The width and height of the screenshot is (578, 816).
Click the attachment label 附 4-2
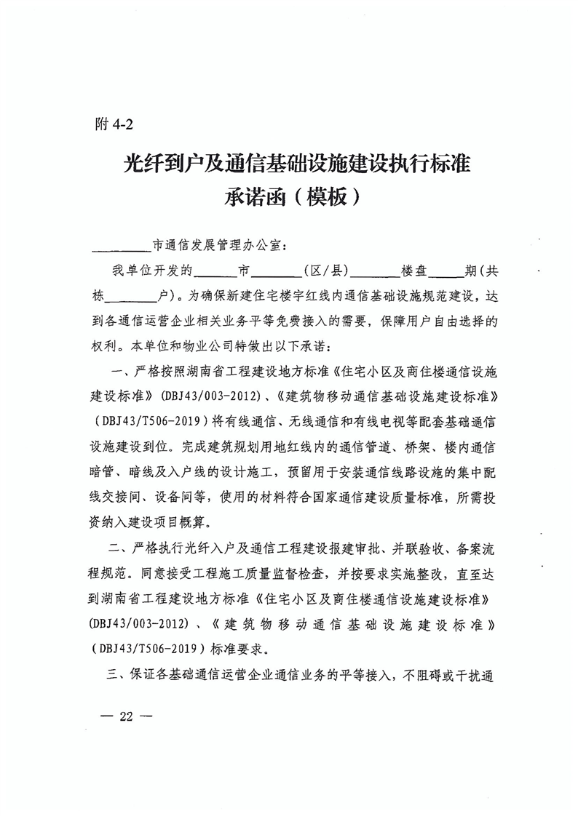(114, 124)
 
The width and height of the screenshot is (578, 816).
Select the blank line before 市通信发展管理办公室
(120, 247)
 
